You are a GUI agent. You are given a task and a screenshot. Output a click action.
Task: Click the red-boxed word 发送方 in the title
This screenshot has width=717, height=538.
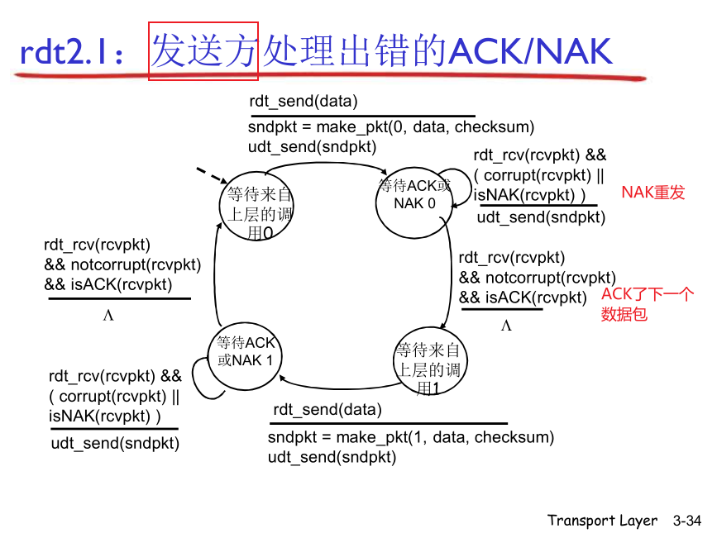click(203, 51)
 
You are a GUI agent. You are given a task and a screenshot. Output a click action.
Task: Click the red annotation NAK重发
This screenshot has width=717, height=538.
click(653, 193)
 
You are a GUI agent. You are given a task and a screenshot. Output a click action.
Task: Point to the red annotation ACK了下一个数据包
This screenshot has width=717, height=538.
click(647, 304)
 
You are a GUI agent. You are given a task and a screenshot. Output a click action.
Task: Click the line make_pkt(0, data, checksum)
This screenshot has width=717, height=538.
click(391, 127)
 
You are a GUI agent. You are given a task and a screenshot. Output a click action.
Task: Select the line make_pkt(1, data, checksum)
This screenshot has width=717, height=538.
click(411, 437)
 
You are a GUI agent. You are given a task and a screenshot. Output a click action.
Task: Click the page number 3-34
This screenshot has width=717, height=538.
click(686, 521)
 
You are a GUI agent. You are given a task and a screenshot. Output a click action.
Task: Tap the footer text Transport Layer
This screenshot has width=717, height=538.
click(602, 521)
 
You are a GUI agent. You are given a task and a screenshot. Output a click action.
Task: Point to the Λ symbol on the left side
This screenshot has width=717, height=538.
click(108, 316)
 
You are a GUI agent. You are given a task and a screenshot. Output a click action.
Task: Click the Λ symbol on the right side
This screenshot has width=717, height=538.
click(506, 326)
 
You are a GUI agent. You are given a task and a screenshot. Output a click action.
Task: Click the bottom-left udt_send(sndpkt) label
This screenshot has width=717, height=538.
click(115, 443)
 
